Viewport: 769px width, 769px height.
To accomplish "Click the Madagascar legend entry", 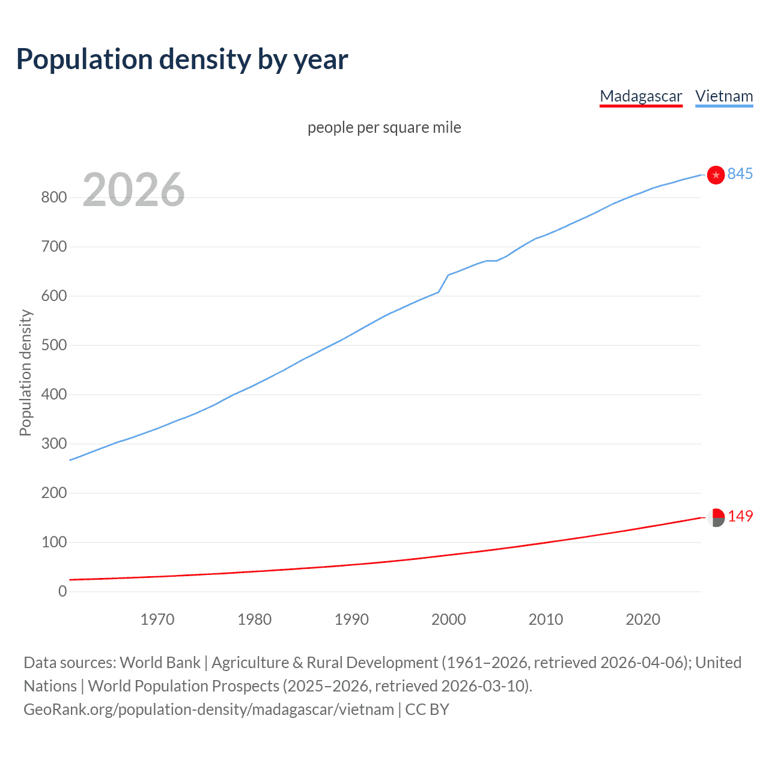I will [640, 96].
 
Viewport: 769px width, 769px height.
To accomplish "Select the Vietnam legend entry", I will [723, 96].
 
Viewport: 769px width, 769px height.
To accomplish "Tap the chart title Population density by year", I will [182, 59].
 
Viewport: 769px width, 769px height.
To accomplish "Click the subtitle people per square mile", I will [384, 127].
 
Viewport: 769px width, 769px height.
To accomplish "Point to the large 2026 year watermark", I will [133, 190].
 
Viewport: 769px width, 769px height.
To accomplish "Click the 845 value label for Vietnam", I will [740, 174].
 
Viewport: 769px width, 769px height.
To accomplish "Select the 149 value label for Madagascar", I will [740, 516].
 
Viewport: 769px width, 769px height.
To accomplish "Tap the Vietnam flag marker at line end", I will [716, 175].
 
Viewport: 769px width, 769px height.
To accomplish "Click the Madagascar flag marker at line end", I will [716, 517].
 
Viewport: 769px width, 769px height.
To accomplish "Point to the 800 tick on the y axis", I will [53, 198].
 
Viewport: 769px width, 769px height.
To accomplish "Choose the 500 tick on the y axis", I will [53, 345].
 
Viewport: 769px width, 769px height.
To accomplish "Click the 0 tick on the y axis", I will [62, 592].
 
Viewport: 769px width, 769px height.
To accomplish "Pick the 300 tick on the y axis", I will [53, 444].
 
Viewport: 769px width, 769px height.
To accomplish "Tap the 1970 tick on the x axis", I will [157, 619].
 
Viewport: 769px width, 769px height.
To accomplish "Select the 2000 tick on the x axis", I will [448, 619].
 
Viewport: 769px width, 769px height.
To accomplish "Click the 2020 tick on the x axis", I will [643, 619].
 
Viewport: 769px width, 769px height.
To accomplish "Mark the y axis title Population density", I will [25, 372].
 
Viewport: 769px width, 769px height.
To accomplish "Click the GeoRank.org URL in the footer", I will [208, 710].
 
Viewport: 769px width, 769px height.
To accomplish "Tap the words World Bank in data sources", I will [160, 663].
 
